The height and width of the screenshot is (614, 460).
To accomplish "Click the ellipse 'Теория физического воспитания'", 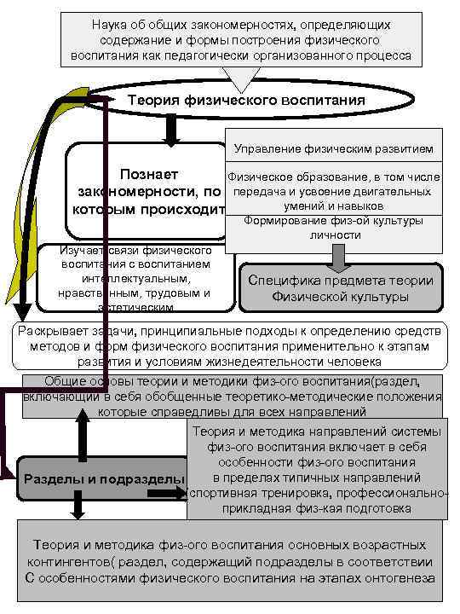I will pyautogui.click(x=246, y=101).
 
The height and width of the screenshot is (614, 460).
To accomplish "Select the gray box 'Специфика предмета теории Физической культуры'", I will pyautogui.click(x=340, y=289).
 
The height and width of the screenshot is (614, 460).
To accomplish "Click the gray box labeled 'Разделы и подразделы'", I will pyautogui.click(x=102, y=478).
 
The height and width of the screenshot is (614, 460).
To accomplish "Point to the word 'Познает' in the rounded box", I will pyautogui.click(x=149, y=174).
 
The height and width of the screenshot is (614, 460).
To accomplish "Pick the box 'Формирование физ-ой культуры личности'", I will pyautogui.click(x=333, y=229).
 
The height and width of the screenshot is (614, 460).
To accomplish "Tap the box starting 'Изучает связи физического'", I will pyautogui.click(x=136, y=278).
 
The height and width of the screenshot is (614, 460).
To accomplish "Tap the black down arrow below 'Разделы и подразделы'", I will pyautogui.click(x=78, y=508).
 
